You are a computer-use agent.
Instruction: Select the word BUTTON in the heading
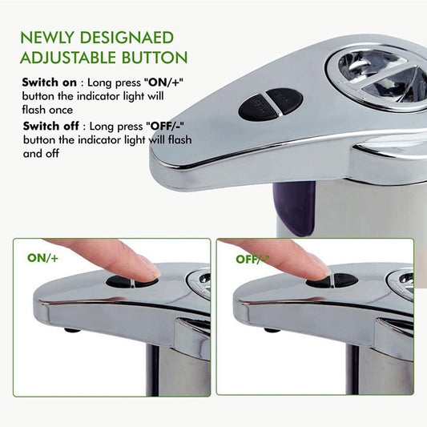pyautogui.click(x=155, y=58)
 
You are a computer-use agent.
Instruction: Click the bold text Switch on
pyautogui.click(x=49, y=82)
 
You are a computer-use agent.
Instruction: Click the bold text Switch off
pyautogui.click(x=49, y=126)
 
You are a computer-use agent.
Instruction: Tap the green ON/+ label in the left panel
pyautogui.click(x=42, y=259)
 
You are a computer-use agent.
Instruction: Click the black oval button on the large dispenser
pyautogui.click(x=271, y=103)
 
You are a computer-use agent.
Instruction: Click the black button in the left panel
pyautogui.click(x=132, y=282)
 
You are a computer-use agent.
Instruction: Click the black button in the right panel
pyautogui.click(x=332, y=280)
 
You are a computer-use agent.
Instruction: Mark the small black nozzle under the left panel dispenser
pyautogui.click(x=71, y=328)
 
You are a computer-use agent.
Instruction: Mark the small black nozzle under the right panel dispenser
pyautogui.click(x=271, y=328)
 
